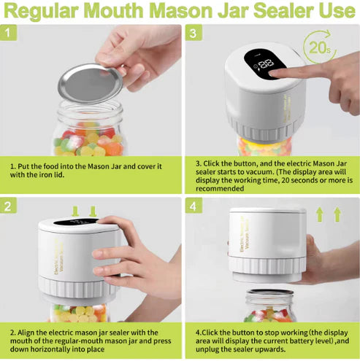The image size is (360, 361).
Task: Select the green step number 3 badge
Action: coord(192,34)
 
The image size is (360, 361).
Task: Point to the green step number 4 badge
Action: coord(192,207)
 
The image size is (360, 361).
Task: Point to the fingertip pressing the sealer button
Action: coord(277,73)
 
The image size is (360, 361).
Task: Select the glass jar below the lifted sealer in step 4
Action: coord(269,306)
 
